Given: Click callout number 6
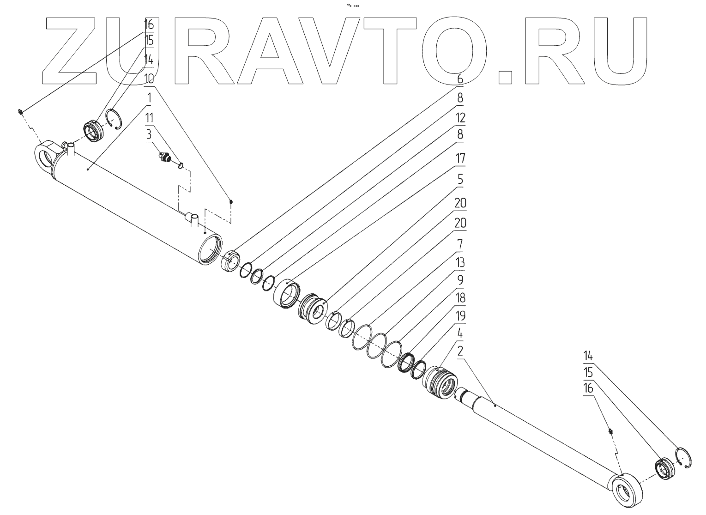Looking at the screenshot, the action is point(459,79).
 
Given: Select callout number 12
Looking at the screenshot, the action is point(459,118).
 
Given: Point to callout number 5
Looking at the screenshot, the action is point(459,179).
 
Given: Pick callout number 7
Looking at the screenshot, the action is point(459,243).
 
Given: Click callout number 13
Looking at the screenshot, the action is point(459,263).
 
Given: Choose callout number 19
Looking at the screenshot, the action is point(459,316).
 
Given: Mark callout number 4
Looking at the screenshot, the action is point(459,333).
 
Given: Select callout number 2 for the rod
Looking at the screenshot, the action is point(460,351).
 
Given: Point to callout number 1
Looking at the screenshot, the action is point(149,98).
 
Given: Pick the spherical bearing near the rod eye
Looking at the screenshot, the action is point(664,468).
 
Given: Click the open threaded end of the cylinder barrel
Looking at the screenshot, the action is point(210,249).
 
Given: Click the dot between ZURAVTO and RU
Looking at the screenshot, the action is point(505,77).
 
